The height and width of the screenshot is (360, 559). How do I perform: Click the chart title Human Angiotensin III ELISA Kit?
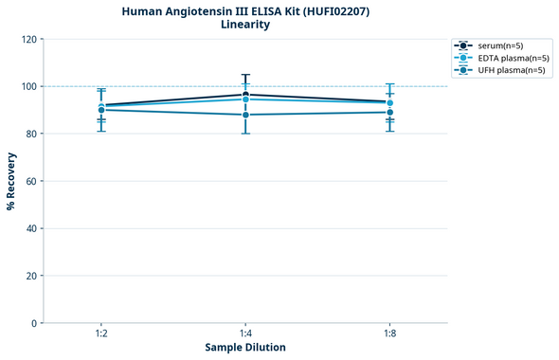[x=245, y=10]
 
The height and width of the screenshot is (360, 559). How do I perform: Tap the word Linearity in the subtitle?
[x=245, y=25]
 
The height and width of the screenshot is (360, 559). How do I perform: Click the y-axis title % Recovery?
[x=11, y=180]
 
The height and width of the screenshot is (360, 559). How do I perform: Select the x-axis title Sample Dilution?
[x=245, y=347]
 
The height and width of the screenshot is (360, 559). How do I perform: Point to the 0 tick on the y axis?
[x=34, y=323]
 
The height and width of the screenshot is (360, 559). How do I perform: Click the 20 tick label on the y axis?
[x=31, y=276]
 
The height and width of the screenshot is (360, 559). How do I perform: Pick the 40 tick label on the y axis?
[x=31, y=228]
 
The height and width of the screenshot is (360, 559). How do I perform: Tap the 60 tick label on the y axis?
[x=31, y=181]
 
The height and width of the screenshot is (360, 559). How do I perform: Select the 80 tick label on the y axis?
[x=31, y=134]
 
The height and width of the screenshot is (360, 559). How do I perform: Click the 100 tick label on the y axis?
[x=28, y=86]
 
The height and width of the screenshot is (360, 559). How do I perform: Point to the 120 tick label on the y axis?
[x=28, y=39]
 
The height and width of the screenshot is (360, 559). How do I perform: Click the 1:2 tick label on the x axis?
[x=101, y=333]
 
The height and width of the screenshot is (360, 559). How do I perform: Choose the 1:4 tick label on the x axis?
[x=245, y=333]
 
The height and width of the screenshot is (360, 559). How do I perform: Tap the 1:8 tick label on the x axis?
[x=389, y=333]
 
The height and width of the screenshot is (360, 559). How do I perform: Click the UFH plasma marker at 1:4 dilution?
[x=245, y=115]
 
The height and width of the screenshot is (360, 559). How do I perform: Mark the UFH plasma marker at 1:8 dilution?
[x=389, y=112]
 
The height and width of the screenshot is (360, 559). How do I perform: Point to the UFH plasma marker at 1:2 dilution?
[x=101, y=110]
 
